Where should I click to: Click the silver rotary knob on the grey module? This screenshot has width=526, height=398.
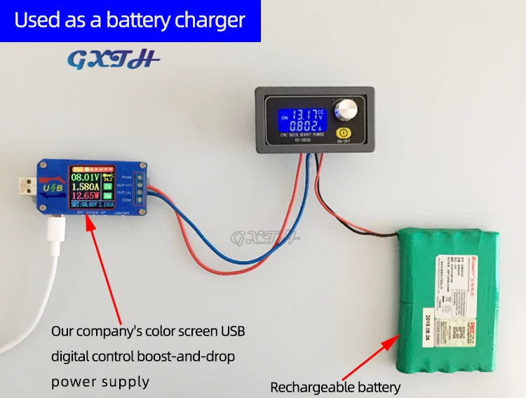click(346, 110)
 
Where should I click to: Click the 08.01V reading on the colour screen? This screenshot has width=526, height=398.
click(85, 178)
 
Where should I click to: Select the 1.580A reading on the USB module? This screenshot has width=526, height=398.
click(85, 188)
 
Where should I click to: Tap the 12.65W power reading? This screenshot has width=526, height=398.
click(85, 198)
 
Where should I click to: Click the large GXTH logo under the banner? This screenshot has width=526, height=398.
click(114, 60)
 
